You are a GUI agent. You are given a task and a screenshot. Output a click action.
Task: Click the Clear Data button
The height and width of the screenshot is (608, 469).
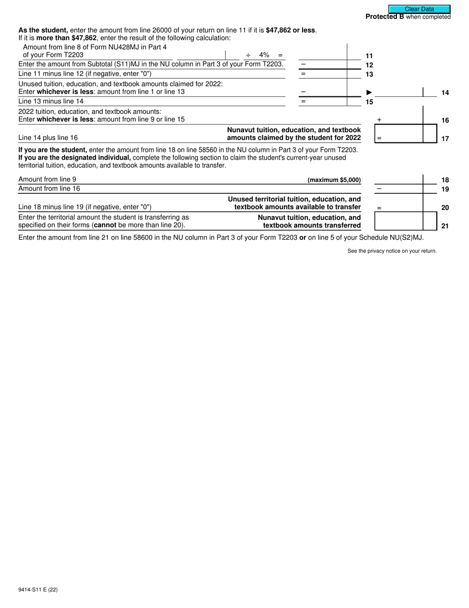[419, 9]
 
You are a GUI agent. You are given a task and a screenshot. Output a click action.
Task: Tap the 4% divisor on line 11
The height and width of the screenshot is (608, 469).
[264, 55]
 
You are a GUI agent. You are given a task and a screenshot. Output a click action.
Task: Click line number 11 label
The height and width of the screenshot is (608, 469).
[369, 56]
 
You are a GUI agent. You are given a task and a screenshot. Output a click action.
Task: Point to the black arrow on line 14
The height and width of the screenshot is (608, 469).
[369, 92]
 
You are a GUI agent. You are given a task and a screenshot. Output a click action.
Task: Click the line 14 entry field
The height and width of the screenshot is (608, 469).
[400, 92]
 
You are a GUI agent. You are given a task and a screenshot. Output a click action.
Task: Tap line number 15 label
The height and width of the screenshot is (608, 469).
[369, 102]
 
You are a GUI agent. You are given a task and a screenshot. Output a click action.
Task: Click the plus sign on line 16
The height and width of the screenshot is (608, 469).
[379, 120]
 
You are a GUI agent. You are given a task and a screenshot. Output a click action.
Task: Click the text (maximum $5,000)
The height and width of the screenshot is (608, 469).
[334, 180]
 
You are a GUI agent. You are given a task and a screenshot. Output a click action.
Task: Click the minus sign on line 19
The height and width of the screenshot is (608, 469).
[379, 189]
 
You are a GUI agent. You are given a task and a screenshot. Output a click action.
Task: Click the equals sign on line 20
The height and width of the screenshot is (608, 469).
[379, 208]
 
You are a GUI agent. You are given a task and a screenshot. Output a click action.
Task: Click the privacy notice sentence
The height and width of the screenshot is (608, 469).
[391, 251]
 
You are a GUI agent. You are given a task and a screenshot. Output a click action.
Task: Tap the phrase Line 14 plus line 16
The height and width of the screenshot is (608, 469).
[48, 138]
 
